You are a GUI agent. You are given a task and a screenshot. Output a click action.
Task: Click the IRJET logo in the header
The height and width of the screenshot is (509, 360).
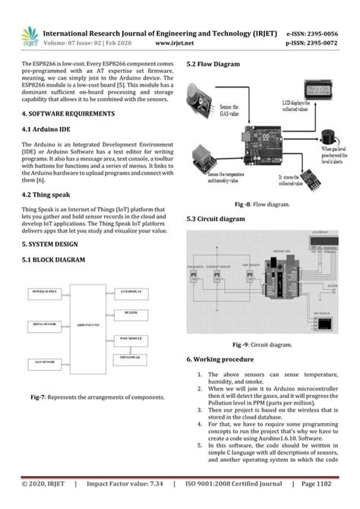30,36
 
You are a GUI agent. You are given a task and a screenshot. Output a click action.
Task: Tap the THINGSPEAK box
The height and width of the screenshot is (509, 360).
133,356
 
